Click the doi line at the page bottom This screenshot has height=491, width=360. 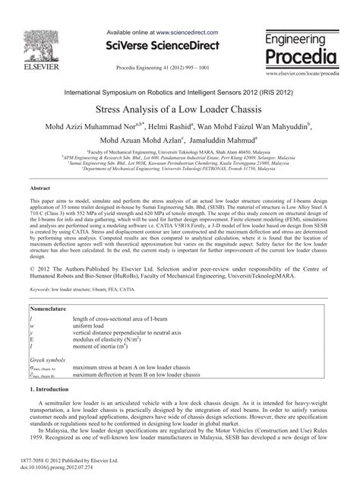coord(65,468)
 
